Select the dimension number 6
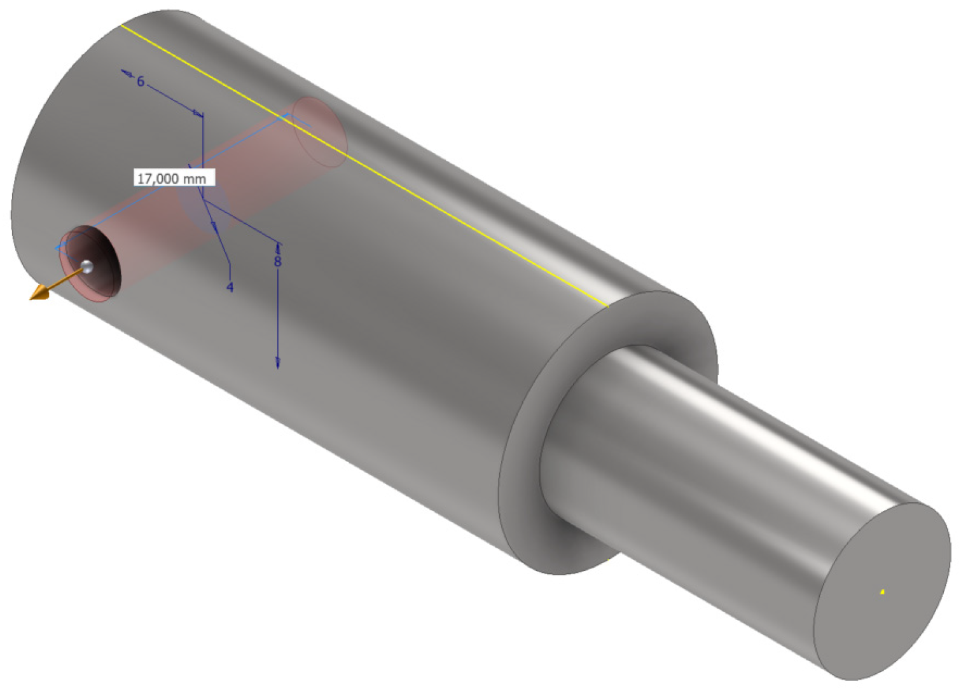click(141, 81)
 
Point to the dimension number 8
click(277, 261)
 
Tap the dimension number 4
click(230, 287)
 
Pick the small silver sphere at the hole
click(88, 267)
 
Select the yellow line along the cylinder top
click(364, 165)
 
